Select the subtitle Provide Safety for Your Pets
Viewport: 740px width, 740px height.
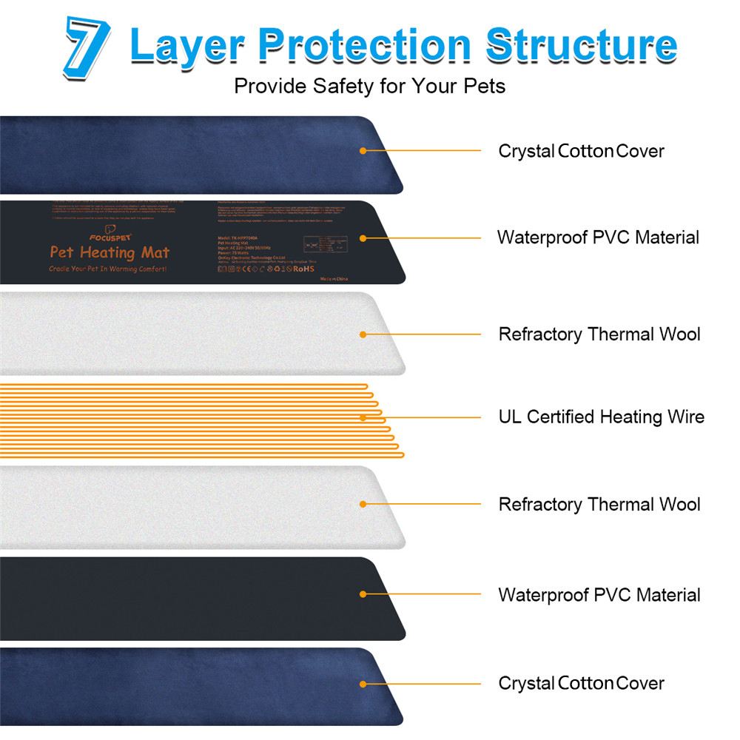pos(369,86)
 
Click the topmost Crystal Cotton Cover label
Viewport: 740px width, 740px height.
pos(581,151)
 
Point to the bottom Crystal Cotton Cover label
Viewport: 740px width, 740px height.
pos(581,682)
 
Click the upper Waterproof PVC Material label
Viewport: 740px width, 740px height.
pos(598,238)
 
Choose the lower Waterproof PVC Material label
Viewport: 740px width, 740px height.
pos(599,595)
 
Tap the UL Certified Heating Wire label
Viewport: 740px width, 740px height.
pos(601,417)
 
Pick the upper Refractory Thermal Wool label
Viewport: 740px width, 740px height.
pos(599,334)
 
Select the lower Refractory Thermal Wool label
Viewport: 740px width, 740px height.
pos(599,505)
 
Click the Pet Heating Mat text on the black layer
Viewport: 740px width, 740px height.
pos(109,253)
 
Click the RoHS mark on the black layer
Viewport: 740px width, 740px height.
pos(304,269)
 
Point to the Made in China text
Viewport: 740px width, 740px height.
pos(334,281)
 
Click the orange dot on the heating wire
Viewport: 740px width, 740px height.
pos(363,418)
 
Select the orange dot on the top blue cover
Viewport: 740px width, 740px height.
pos(363,151)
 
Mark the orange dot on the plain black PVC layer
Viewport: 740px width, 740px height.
pos(363,594)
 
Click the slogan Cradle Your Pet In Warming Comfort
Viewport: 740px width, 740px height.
pos(108,269)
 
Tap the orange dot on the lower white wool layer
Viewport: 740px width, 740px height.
pos(363,505)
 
